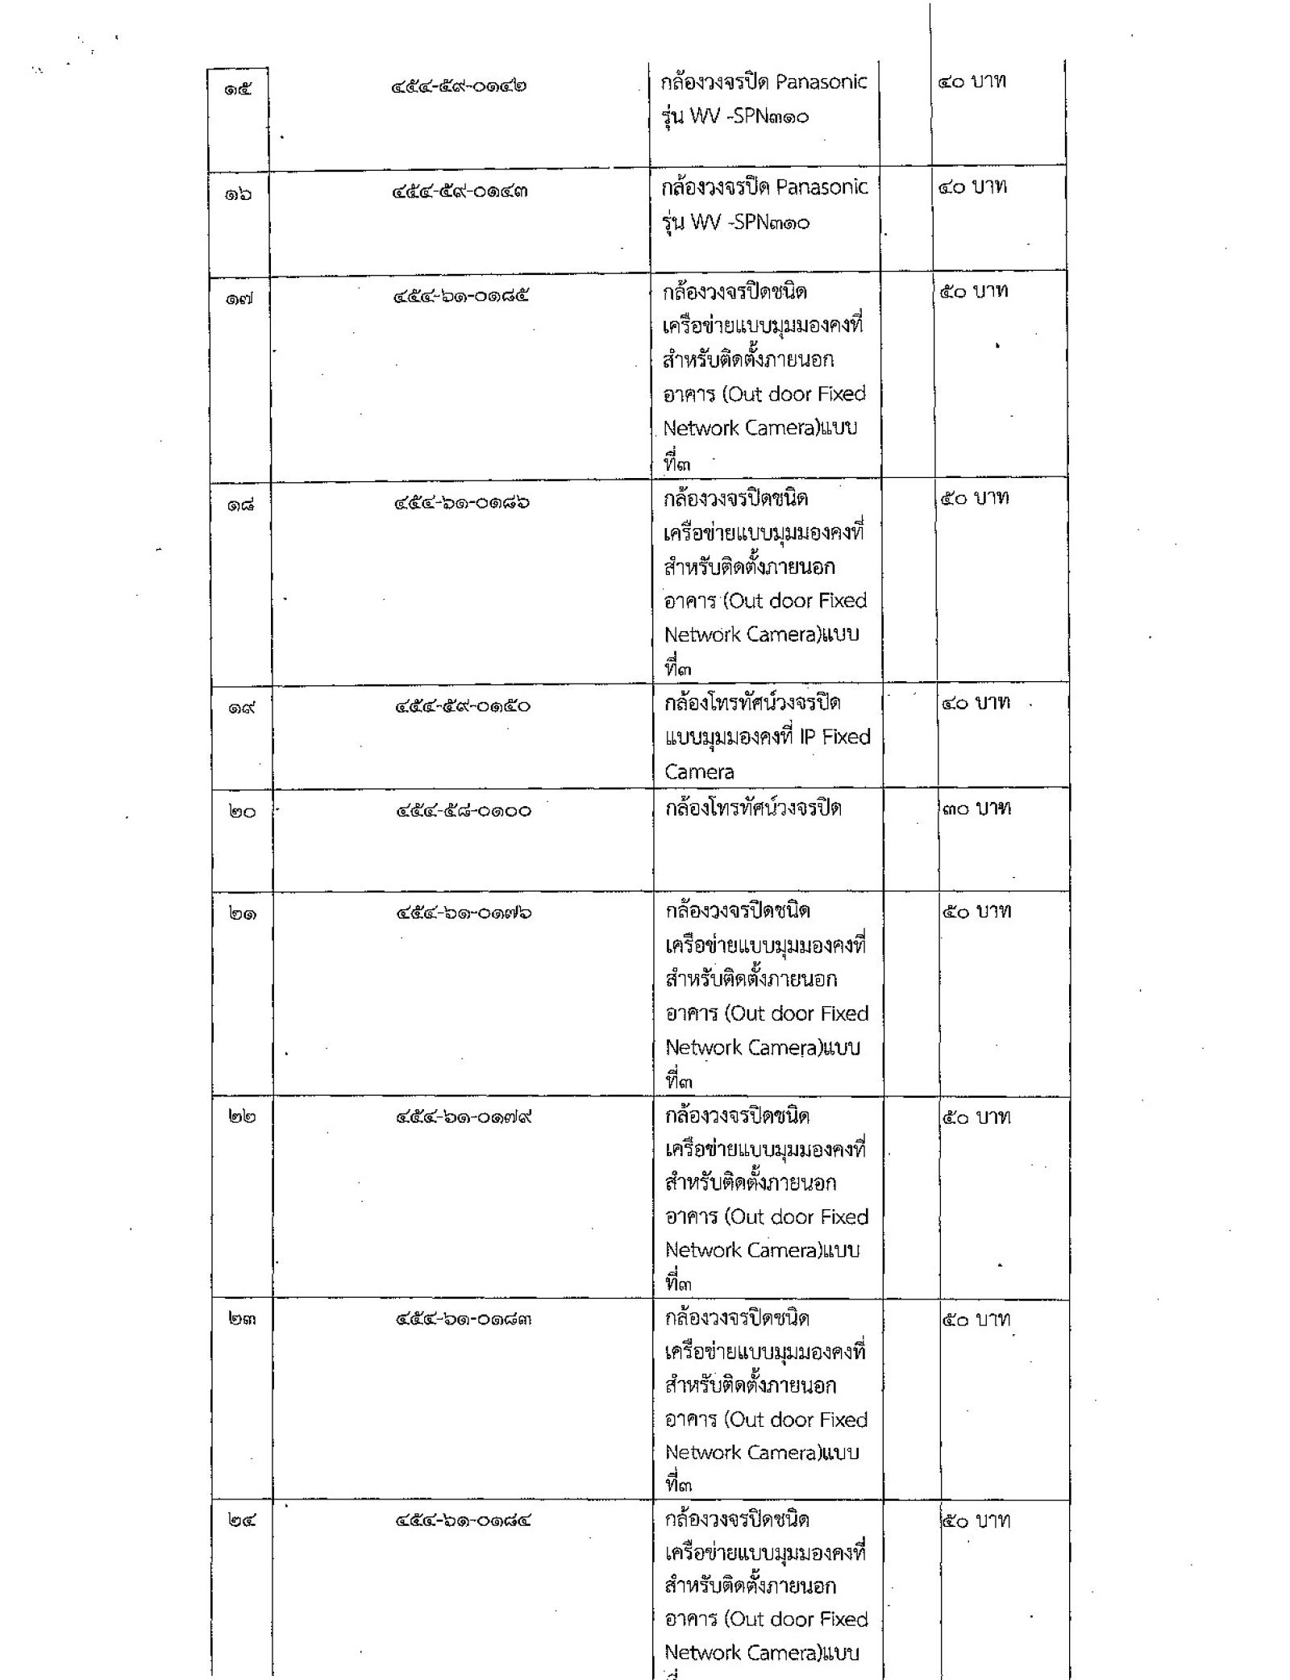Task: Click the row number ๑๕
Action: (x=238, y=89)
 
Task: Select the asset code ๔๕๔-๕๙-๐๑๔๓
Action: (x=460, y=192)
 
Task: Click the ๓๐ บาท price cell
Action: (x=976, y=809)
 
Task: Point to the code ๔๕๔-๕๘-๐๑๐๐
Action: (x=464, y=810)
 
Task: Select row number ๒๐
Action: (x=241, y=812)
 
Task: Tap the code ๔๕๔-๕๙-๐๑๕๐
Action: (x=463, y=706)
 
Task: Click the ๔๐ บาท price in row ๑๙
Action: (x=976, y=703)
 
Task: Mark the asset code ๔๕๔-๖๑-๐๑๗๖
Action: (x=464, y=913)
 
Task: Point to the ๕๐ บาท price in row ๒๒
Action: (x=976, y=1117)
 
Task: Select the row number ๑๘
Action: (x=240, y=505)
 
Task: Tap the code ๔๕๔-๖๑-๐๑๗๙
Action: (x=464, y=1117)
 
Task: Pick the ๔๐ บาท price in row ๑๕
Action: (x=972, y=81)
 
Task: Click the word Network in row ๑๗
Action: (x=701, y=428)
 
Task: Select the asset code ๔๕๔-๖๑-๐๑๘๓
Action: (x=464, y=1320)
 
